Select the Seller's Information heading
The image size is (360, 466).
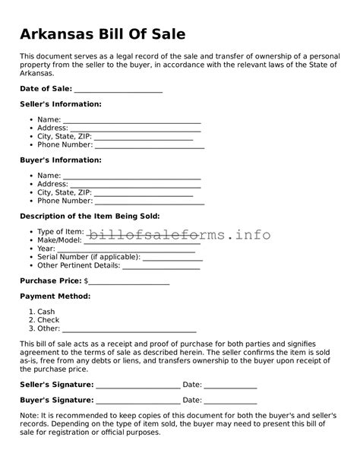point(60,104)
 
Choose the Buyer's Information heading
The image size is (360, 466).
point(60,160)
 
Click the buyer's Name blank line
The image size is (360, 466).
point(132,178)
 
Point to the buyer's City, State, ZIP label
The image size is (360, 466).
point(65,193)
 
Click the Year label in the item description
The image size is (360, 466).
point(46,249)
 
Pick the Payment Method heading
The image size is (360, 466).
point(55,296)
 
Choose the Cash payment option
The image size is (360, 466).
point(46,312)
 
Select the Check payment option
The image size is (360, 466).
point(48,320)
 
